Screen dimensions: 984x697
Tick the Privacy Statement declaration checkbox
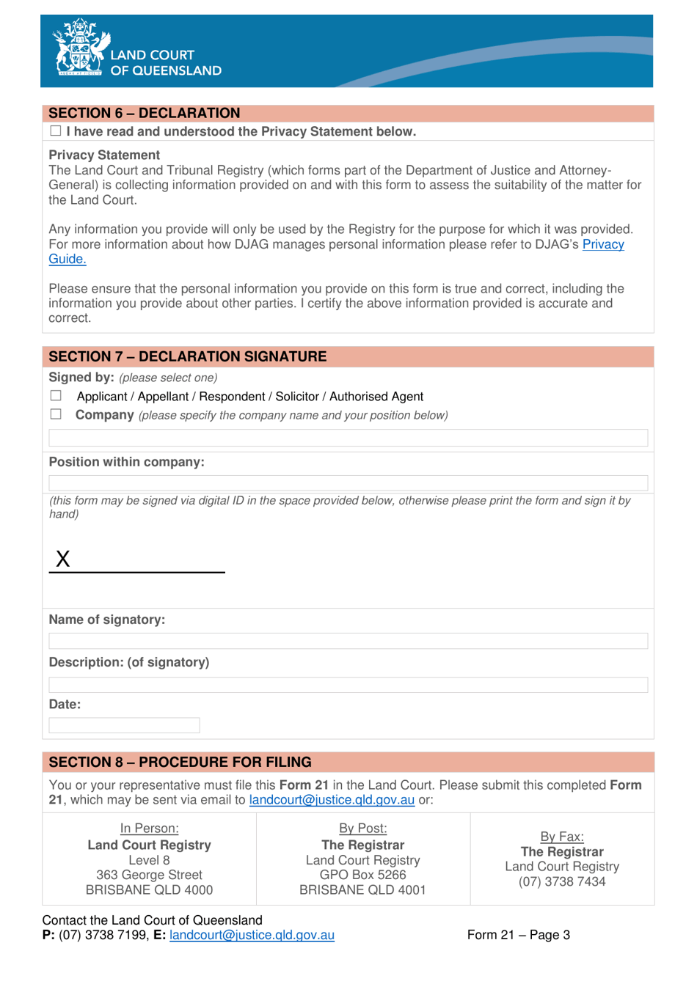tap(56, 131)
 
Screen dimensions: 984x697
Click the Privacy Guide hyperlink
tap(602, 245)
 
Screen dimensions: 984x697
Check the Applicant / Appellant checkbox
tap(56, 396)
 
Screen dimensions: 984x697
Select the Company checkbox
tap(56, 414)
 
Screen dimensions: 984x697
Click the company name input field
tap(348, 438)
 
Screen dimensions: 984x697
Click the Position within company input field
tap(348, 482)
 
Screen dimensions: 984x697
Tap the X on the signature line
tap(63, 559)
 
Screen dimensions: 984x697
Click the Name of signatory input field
tap(348, 641)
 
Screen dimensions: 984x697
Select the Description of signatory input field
tap(348, 685)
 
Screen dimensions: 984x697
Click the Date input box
tap(124, 725)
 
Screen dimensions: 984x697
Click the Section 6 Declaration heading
tap(145, 114)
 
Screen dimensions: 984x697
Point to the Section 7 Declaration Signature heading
tap(188, 357)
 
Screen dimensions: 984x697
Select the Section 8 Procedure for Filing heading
tap(180, 763)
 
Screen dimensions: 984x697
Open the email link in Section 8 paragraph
tap(332, 800)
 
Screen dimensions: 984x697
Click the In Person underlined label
tap(150, 829)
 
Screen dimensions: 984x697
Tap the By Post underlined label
tap(362, 829)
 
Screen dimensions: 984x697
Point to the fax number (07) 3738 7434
tap(562, 881)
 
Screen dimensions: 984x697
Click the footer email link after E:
tap(252, 935)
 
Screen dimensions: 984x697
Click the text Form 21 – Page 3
tap(518, 935)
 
